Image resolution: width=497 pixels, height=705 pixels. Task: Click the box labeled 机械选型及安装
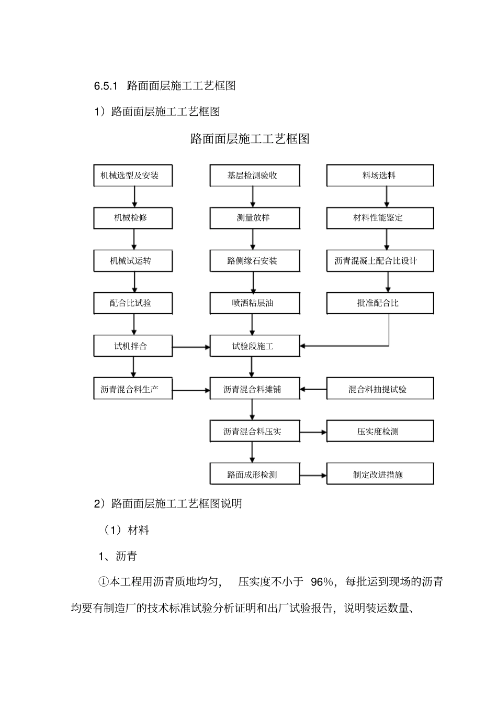pyautogui.click(x=133, y=175)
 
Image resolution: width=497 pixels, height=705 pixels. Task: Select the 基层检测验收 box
pyautogui.click(x=255, y=175)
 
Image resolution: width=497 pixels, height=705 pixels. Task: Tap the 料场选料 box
pyautogui.click(x=380, y=175)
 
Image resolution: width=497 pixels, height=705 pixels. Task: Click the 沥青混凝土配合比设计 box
pyautogui.click(x=380, y=261)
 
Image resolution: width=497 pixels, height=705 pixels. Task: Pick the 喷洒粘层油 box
pyautogui.click(x=255, y=303)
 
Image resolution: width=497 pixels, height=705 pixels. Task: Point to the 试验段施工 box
pyautogui.click(x=255, y=346)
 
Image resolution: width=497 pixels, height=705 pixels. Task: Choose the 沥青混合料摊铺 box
pyautogui.click(x=255, y=389)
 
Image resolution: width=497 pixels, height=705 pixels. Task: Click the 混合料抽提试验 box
pyautogui.click(x=380, y=389)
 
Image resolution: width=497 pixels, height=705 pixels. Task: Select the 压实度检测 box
pyautogui.click(x=380, y=432)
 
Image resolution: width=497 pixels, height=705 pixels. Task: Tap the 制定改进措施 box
pyautogui.click(x=380, y=475)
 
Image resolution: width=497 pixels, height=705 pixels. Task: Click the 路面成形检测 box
pyautogui.click(x=255, y=475)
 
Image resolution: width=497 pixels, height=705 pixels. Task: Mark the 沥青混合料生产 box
pyautogui.click(x=133, y=389)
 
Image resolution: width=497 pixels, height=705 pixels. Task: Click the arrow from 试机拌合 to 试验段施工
pyautogui.click(x=191, y=347)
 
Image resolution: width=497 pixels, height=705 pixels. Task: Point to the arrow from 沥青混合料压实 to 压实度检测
pyautogui.click(x=313, y=432)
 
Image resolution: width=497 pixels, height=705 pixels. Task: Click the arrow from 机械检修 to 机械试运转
pyautogui.click(x=134, y=239)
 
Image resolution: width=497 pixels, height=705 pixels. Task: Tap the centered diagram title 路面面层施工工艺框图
pyautogui.click(x=250, y=139)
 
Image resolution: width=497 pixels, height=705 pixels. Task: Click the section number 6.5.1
pyautogui.click(x=107, y=85)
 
